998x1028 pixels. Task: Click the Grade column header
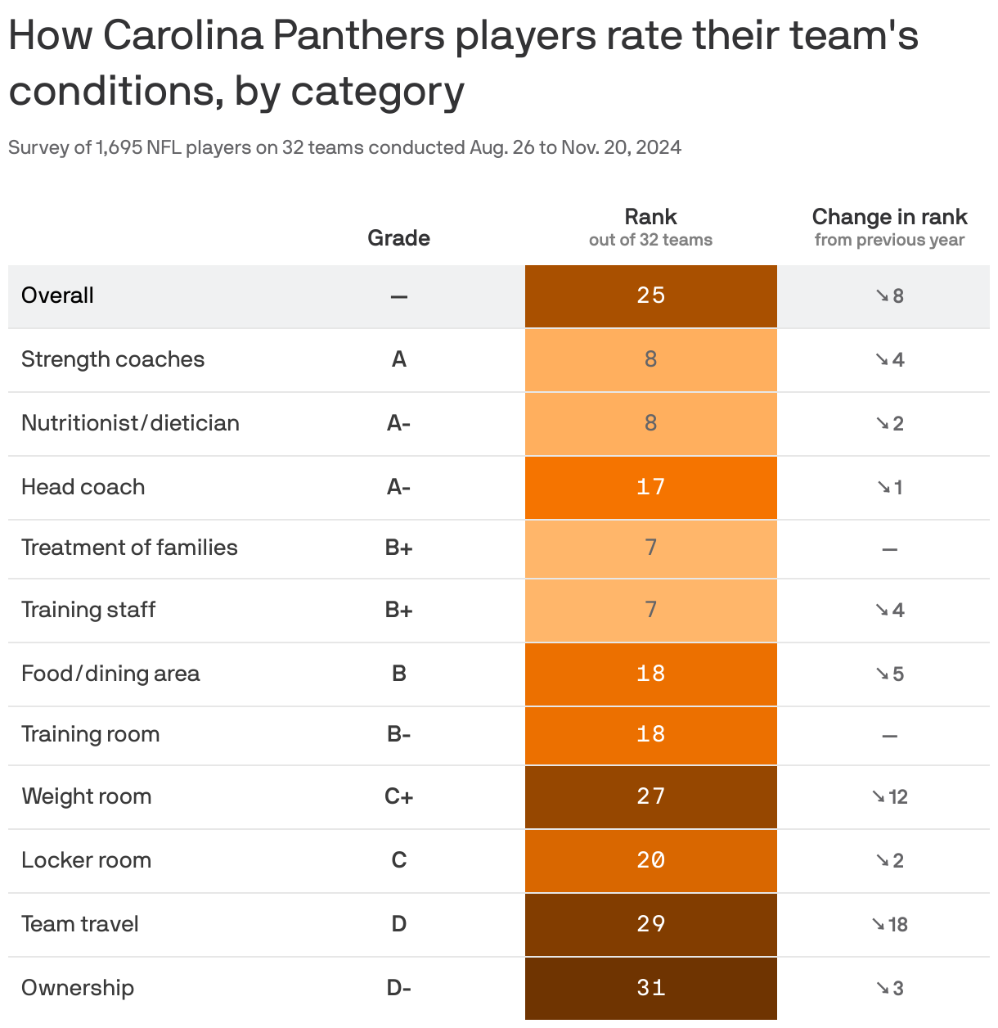pyautogui.click(x=398, y=238)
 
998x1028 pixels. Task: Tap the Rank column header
pyautogui.click(x=650, y=218)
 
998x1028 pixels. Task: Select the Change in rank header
pyautogui.click(x=889, y=218)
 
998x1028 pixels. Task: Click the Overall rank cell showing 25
pyautogui.click(x=650, y=295)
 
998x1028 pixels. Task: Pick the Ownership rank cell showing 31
pyautogui.click(x=650, y=988)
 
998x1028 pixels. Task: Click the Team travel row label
pyautogui.click(x=80, y=924)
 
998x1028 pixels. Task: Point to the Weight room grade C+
pyautogui.click(x=398, y=796)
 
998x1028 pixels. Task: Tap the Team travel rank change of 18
pyautogui.click(x=890, y=924)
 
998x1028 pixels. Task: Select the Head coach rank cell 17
pyautogui.click(x=650, y=487)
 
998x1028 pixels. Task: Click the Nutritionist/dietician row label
pyautogui.click(x=130, y=423)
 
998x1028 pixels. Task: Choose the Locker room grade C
pyautogui.click(x=398, y=860)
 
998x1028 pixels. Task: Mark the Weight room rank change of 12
pyautogui.click(x=890, y=796)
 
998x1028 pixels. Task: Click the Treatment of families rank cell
pyautogui.click(x=650, y=548)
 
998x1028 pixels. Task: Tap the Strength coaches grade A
pyautogui.click(x=398, y=359)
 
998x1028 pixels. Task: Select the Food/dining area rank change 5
pyautogui.click(x=890, y=674)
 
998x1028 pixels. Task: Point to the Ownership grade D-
pyautogui.click(x=398, y=988)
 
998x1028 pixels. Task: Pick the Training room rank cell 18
pyautogui.click(x=650, y=734)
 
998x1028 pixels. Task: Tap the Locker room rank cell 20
pyautogui.click(x=650, y=860)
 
